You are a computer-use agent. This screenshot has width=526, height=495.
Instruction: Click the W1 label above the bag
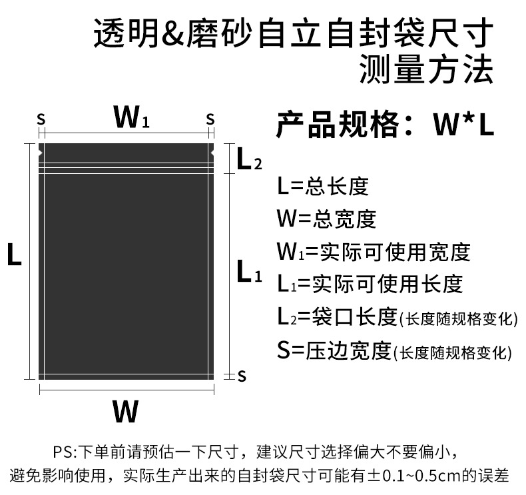pyautogui.click(x=131, y=117)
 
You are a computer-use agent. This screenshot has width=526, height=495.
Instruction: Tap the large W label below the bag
pyautogui.click(x=125, y=411)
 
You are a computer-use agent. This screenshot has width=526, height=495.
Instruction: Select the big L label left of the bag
pyautogui.click(x=14, y=254)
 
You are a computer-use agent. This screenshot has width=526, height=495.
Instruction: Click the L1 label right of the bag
pyautogui.click(x=249, y=271)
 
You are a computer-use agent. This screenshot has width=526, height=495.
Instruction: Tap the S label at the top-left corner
pyautogui.click(x=41, y=119)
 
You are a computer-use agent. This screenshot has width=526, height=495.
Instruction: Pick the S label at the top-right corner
pyautogui.click(x=210, y=119)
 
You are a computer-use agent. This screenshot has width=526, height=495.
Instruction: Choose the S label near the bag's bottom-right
pyautogui.click(x=242, y=376)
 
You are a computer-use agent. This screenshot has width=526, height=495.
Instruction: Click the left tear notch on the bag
pyautogui.click(x=41, y=153)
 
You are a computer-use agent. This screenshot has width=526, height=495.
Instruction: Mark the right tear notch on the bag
pyautogui.click(x=212, y=153)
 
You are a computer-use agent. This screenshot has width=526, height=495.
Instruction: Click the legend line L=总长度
pyautogui.click(x=323, y=187)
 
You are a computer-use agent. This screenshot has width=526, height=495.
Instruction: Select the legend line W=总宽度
pyautogui.click(x=326, y=219)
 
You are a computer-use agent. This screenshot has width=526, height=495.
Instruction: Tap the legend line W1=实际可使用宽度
pyautogui.click(x=374, y=252)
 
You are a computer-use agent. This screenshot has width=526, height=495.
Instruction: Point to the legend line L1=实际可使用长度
pyautogui.click(x=370, y=284)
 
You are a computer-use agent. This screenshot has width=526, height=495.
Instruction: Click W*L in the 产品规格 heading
pyautogui.click(x=463, y=124)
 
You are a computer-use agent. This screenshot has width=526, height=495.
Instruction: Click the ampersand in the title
pyautogui.click(x=173, y=33)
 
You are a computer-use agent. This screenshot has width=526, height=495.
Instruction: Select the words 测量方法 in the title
pyautogui.click(x=426, y=69)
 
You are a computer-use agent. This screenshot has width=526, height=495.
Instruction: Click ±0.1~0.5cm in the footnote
pyautogui.click(x=414, y=476)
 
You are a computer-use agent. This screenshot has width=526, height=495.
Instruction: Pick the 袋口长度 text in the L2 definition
pyautogui.click(x=355, y=317)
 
